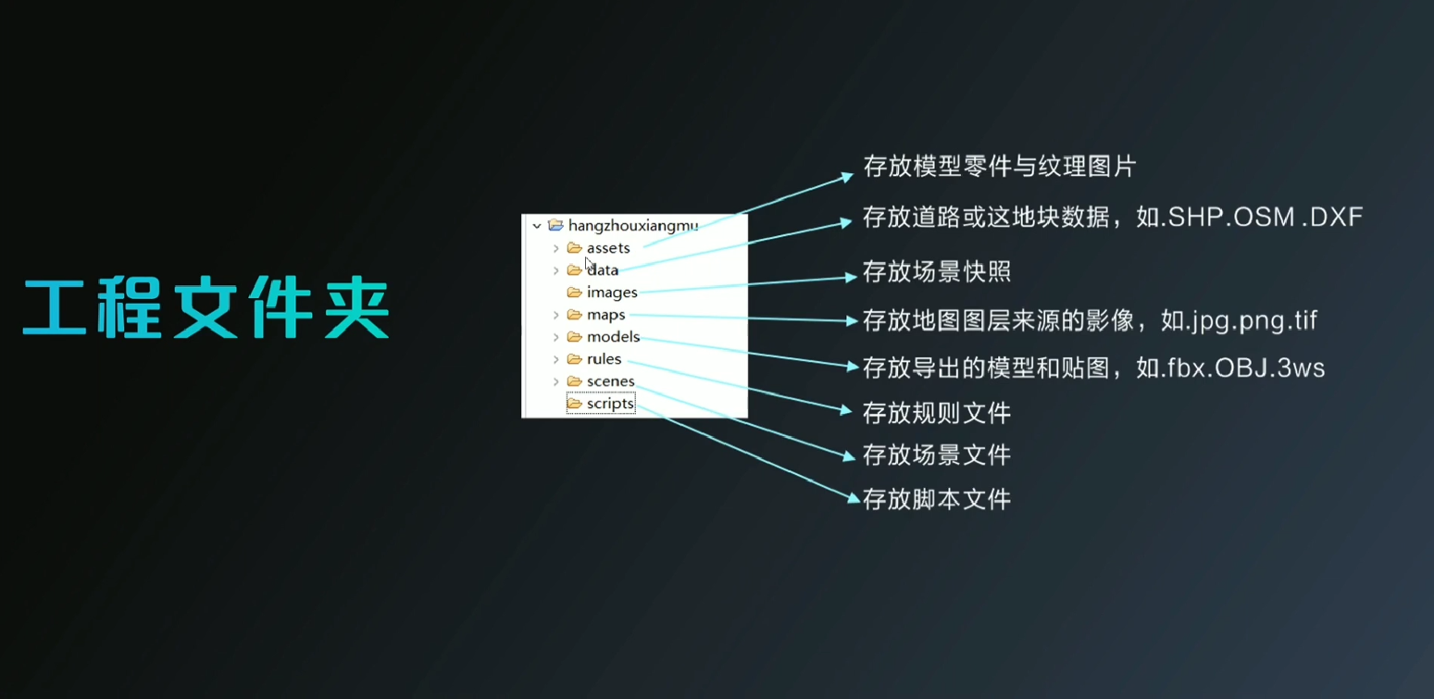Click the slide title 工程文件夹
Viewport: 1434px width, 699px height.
point(206,307)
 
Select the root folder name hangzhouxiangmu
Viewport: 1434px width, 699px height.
point(633,226)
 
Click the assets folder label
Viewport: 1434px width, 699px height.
point(608,248)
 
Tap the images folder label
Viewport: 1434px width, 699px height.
point(612,293)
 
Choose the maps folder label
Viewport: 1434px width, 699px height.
point(605,315)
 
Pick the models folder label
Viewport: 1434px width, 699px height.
point(613,337)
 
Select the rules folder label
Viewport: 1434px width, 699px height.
point(604,359)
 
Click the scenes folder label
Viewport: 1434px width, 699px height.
point(611,381)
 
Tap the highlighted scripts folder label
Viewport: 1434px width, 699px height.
point(610,404)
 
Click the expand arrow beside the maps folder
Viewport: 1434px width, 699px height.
point(555,315)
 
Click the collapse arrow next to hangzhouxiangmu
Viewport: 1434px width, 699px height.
point(536,226)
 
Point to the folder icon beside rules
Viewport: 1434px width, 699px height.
point(574,359)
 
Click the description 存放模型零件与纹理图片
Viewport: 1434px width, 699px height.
point(999,167)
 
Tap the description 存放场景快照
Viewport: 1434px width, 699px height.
point(937,271)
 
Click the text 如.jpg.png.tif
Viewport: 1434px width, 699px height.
point(1240,320)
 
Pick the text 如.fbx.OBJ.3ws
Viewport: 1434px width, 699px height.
point(1230,368)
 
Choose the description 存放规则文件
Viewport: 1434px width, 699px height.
point(937,413)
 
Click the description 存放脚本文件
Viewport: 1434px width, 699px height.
point(937,499)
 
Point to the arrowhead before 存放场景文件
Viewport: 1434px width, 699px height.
point(849,456)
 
